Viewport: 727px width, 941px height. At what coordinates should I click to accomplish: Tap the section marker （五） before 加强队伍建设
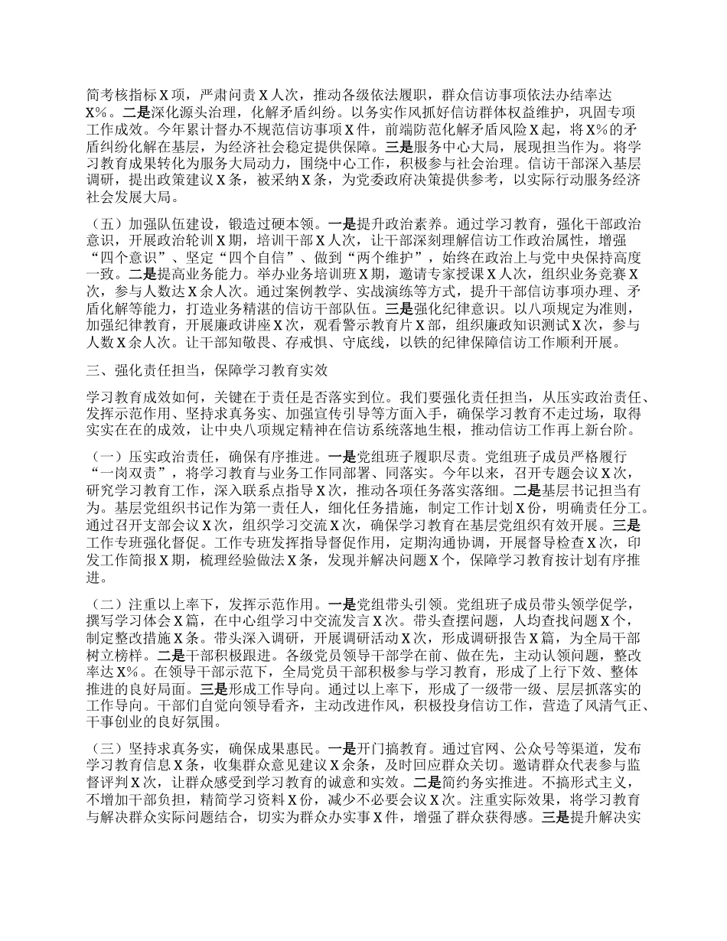[105, 224]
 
